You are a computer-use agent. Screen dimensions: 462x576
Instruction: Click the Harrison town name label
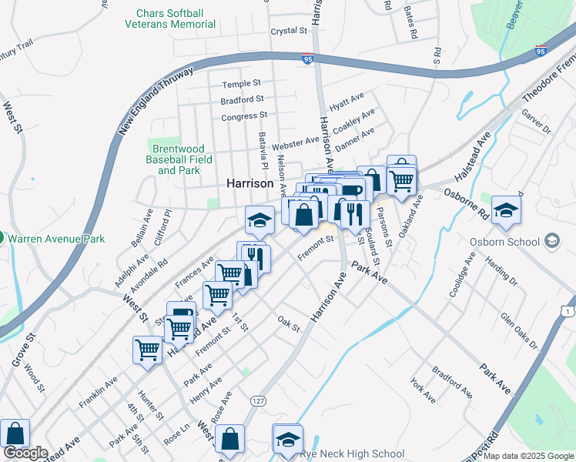click(x=249, y=185)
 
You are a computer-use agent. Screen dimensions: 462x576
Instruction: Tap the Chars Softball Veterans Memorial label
click(x=170, y=18)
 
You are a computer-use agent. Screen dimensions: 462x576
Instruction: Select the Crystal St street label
click(x=289, y=32)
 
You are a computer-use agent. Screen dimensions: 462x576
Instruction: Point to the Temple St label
click(x=242, y=84)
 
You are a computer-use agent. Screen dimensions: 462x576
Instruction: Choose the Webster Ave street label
click(x=295, y=142)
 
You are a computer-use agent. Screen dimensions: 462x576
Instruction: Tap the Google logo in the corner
click(x=25, y=454)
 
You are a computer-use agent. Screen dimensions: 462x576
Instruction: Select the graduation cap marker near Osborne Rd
click(x=506, y=209)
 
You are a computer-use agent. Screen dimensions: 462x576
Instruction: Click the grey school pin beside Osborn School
click(x=551, y=242)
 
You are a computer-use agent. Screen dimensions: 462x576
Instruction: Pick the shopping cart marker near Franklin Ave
click(x=147, y=349)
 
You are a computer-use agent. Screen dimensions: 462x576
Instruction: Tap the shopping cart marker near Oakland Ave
click(x=401, y=181)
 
